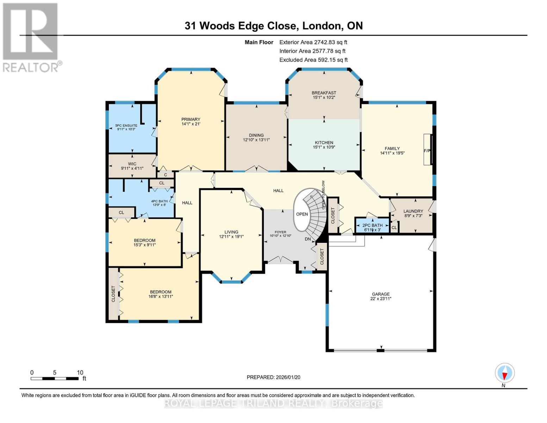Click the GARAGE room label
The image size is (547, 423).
(x=381, y=294)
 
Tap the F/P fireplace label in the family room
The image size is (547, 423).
(x=427, y=151)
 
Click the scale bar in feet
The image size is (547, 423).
(x=55, y=378)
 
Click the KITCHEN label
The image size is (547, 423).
(x=324, y=143)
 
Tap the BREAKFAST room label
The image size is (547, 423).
(x=324, y=93)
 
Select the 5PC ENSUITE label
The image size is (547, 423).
(x=126, y=125)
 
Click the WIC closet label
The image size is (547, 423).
(x=132, y=164)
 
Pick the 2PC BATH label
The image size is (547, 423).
(x=372, y=225)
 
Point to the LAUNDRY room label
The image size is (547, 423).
(x=413, y=211)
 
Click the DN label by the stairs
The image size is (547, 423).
(x=307, y=239)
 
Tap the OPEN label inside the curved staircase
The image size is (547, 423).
(x=302, y=214)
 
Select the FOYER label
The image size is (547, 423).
(x=280, y=232)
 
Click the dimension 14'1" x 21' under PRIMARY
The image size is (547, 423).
(x=191, y=124)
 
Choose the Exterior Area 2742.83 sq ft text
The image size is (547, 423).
(x=313, y=42)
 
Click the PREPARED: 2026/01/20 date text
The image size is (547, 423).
(x=273, y=377)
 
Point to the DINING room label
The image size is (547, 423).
(x=256, y=135)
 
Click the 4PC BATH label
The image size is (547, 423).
(x=159, y=201)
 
